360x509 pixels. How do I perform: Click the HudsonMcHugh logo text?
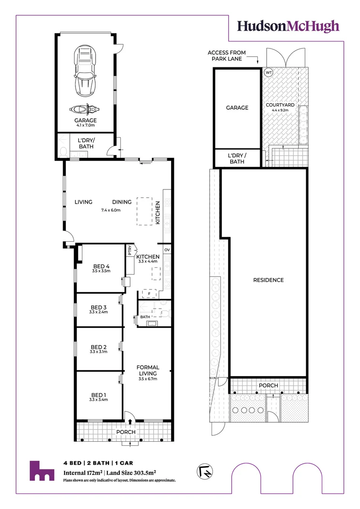[x=288, y=26]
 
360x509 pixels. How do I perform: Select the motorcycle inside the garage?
[x=85, y=109]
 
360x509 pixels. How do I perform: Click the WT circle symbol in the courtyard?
[x=269, y=73]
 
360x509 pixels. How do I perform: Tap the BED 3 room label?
[x=98, y=307]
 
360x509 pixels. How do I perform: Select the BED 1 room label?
[x=98, y=394]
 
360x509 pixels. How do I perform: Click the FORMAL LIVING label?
[x=147, y=370]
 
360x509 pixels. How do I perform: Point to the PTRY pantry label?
[x=130, y=252]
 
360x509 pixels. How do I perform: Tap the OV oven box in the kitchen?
[x=167, y=249]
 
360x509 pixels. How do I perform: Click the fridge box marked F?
[x=149, y=294]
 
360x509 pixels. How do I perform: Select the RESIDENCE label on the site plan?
[x=269, y=280]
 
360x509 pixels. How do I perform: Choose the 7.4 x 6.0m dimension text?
[x=111, y=210]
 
